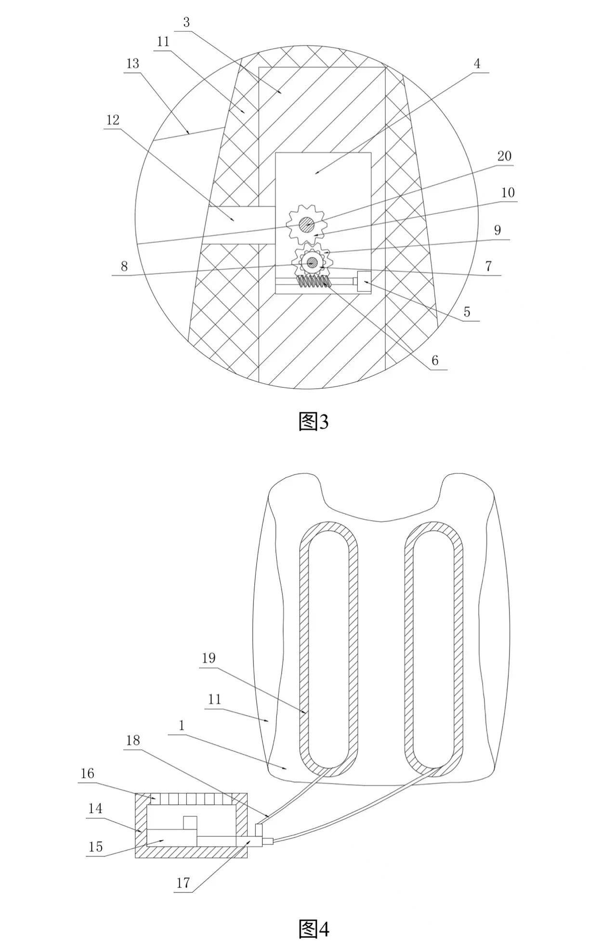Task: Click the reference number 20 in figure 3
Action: pyautogui.click(x=504, y=156)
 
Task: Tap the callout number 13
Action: pyautogui.click(x=132, y=64)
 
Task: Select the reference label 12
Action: pyautogui.click(x=113, y=119)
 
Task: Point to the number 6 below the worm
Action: pyautogui.click(x=435, y=360)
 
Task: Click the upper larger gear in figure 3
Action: pyautogui.click(x=306, y=224)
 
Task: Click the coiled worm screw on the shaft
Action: pyautogui.click(x=314, y=283)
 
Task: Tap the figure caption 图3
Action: pyautogui.click(x=314, y=422)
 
